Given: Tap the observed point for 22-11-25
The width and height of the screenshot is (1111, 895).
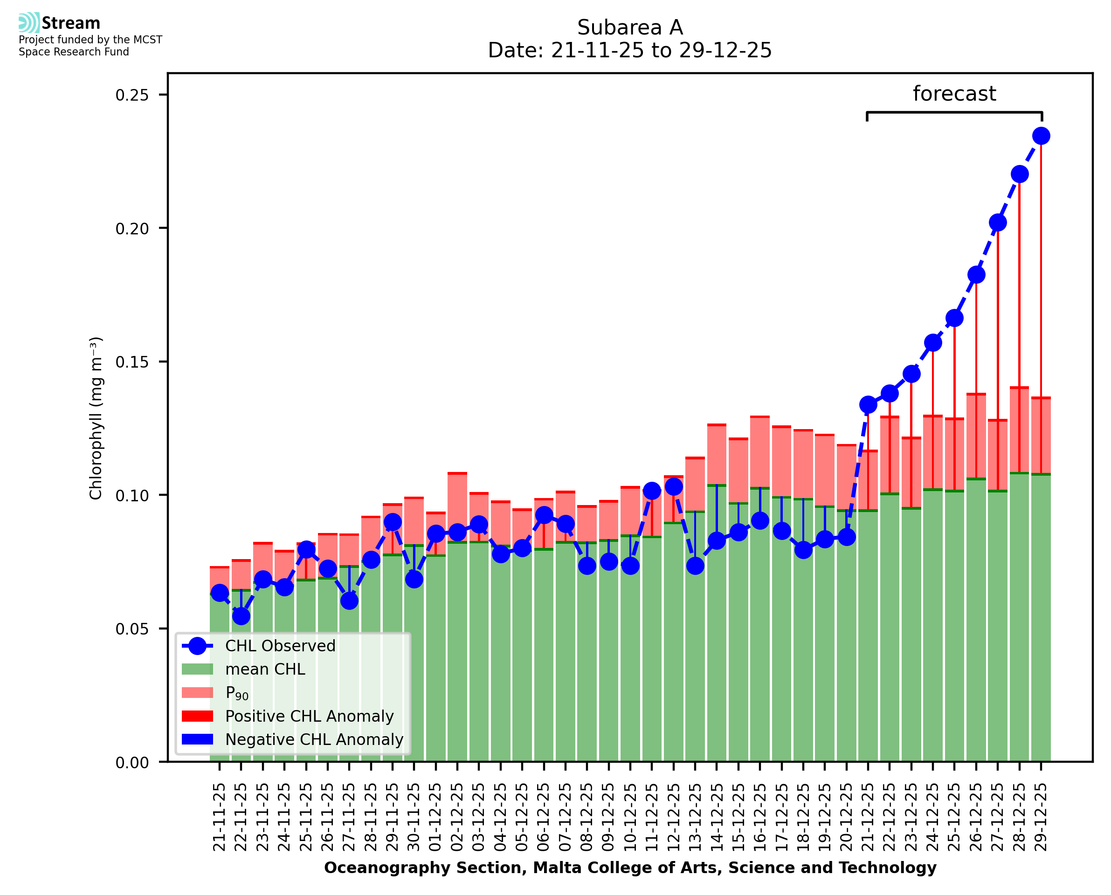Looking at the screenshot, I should point(241,616).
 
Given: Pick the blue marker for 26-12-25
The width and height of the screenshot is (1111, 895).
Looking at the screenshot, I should point(976,275).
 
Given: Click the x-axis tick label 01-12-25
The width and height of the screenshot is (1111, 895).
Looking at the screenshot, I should point(436,817).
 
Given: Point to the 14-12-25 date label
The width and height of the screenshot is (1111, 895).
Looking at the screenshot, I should point(717,817).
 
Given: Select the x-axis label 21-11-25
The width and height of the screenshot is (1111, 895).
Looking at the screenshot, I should point(219,817).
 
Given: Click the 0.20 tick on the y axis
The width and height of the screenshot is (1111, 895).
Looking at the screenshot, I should point(131,228).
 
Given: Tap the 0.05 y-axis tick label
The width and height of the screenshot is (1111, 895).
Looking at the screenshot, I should point(131,629).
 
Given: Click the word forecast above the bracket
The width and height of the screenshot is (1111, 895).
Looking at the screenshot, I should point(954,94).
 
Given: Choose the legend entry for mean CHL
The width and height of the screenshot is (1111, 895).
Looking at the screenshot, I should point(265,669).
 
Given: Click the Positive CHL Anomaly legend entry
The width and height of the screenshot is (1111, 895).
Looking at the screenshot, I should point(309,716).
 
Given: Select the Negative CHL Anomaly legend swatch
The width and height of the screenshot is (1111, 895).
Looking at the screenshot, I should point(198,739).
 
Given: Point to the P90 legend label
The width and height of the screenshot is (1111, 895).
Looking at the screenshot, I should point(237,693).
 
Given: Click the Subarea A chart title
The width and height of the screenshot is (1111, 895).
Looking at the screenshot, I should point(630,27).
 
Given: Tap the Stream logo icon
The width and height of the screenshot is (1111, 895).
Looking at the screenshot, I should point(29,23).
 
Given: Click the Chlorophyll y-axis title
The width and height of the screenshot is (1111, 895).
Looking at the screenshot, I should point(96,418).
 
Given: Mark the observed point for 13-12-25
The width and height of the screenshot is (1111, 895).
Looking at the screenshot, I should point(695,566).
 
